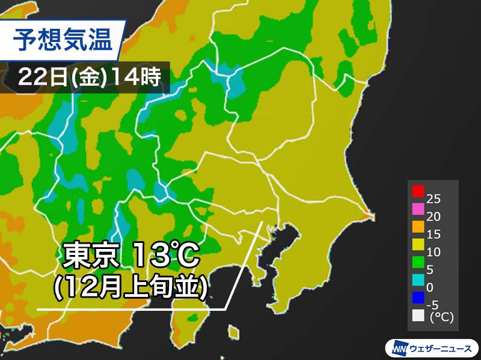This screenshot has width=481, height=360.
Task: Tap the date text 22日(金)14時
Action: tap(89, 77)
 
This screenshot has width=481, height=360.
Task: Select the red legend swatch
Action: tap(417, 192)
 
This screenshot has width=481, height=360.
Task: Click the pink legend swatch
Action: tap(417, 209)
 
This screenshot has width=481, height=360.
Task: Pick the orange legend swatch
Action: tap(417, 227)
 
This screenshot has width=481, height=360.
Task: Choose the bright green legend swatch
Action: tap(417, 262)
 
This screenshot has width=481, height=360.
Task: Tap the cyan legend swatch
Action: tap(417, 279)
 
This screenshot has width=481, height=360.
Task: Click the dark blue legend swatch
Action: tap(417, 296)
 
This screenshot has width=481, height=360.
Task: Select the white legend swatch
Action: tap(417, 314)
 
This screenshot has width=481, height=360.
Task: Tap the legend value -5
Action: tap(432, 305)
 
